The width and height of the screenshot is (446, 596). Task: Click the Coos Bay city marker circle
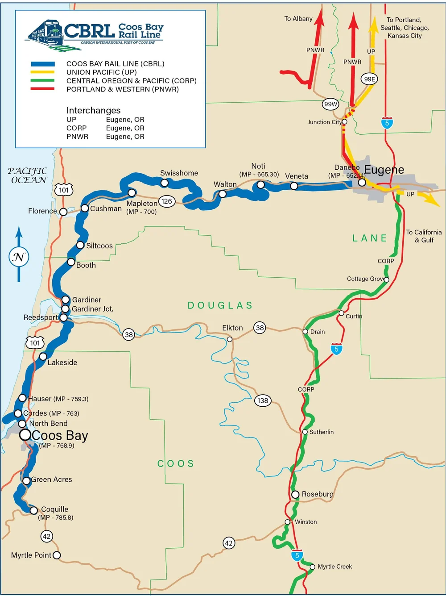[25, 435]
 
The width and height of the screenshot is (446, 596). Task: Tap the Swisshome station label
[179, 173]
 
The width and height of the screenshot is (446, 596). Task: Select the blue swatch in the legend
[42, 64]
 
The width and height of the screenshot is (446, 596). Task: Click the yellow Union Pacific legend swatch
[42, 72]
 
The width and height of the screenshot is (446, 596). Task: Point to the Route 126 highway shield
[167, 201]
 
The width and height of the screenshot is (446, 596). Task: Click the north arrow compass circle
[19, 257]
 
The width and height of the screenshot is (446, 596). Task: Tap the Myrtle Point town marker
[57, 555]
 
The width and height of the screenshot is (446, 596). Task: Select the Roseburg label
[317, 494]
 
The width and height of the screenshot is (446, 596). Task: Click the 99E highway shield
[369, 79]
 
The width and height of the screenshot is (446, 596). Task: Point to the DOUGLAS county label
[220, 305]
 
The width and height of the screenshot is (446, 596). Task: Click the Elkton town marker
[230, 339]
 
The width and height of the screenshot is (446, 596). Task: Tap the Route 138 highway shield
[263, 400]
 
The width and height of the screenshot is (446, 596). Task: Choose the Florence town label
[42, 211]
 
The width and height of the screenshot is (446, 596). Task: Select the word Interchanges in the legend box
[93, 110]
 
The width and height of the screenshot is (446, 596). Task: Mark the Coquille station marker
[34, 510]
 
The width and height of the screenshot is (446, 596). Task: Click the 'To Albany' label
[298, 19]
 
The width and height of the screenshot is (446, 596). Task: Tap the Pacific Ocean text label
[28, 175]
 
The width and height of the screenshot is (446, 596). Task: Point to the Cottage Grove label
[365, 279]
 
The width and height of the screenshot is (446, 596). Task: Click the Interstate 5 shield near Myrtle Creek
[297, 555]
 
